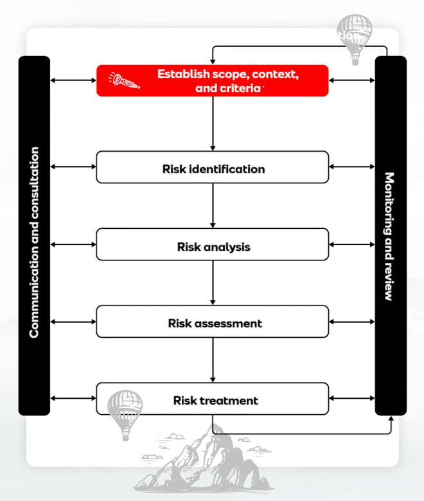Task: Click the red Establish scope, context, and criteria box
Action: tap(212, 80)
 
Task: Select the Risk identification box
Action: tap(212, 167)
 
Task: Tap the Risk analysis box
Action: tap(212, 244)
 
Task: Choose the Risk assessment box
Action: tap(212, 322)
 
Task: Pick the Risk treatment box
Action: tap(212, 399)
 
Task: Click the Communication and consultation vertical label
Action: tap(34, 242)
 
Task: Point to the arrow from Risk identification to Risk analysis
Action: tap(212, 205)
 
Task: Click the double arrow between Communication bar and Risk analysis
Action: tap(73, 244)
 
